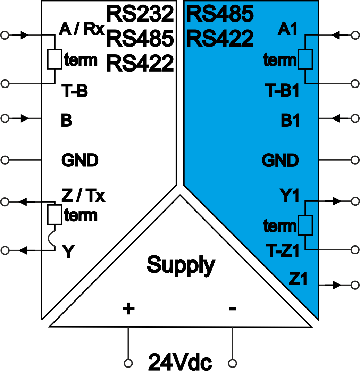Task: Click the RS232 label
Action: [140, 14]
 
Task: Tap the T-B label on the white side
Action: [75, 92]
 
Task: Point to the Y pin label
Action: [68, 252]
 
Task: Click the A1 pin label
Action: [288, 30]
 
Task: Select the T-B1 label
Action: [282, 92]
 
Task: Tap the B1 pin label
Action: [290, 121]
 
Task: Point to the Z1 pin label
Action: [298, 279]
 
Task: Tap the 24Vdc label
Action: [180, 363]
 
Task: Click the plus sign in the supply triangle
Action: [128, 308]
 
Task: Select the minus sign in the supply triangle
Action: [232, 308]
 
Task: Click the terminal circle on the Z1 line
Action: [355, 285]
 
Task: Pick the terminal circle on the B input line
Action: [5, 118]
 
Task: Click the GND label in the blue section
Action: [280, 160]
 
